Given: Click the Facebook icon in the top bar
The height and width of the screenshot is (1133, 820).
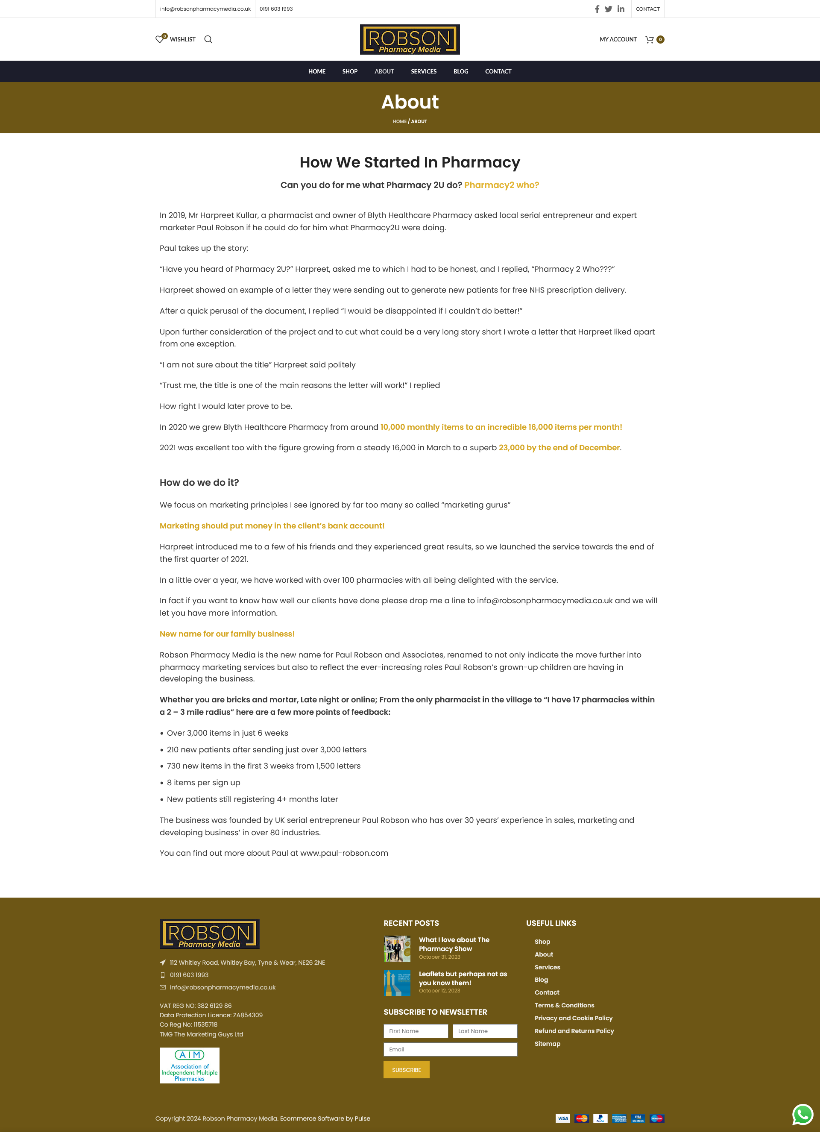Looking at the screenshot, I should click(597, 9).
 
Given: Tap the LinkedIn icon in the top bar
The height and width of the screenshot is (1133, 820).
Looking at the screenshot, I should click(621, 9).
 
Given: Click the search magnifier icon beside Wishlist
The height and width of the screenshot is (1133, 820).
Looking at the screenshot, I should click(208, 39).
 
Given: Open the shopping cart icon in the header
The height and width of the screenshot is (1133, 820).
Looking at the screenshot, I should click(650, 39).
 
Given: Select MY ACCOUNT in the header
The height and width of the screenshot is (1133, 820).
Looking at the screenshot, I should click(618, 39).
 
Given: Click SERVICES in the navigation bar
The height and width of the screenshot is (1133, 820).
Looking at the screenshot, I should click(424, 71).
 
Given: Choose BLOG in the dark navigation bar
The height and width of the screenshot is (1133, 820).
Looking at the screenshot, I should click(460, 71).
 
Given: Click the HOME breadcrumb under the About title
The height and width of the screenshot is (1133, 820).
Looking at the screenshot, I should click(399, 121).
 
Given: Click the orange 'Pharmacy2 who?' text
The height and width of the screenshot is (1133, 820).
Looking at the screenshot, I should click(501, 185).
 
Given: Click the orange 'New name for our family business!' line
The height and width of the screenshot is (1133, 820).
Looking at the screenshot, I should click(227, 634).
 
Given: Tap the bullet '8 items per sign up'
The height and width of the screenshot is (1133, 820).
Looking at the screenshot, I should click(203, 782).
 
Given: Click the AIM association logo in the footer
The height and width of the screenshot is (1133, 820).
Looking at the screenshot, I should click(189, 1065).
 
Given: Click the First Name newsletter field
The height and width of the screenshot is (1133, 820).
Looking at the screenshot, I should click(416, 1030).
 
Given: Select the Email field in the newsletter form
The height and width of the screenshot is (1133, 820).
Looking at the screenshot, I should click(450, 1049).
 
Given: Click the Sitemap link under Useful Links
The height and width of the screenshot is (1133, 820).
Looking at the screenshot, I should click(548, 1044).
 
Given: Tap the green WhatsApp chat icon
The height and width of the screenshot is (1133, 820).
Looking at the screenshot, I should click(802, 1115).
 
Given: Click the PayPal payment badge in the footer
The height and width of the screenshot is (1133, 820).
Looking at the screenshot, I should click(600, 1118).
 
